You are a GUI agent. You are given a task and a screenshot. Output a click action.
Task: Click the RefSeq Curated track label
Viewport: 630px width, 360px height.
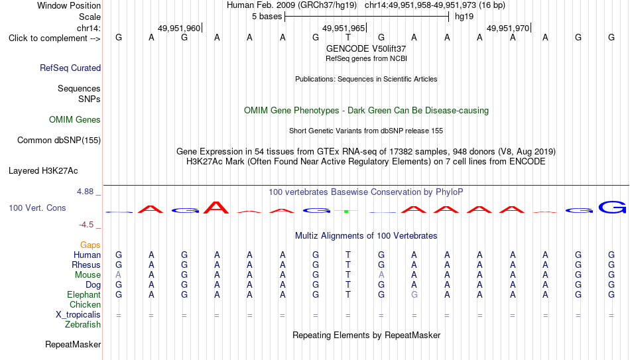coord(70,68)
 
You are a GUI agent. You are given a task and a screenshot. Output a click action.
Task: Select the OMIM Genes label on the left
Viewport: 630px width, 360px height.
coord(75,120)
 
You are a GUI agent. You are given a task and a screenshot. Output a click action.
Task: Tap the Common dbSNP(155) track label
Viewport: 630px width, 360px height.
coord(59,141)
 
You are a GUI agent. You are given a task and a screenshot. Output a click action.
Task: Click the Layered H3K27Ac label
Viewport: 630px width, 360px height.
coord(43,171)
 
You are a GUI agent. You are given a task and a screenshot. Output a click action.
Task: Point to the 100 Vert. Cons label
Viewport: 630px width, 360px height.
coord(37,208)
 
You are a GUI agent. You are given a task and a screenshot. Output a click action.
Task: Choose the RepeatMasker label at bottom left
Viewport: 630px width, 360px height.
coord(73,344)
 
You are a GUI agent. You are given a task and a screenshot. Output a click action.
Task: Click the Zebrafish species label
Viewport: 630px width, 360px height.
coord(83,324)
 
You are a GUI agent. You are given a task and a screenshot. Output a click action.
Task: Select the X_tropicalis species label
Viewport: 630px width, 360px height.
coord(78,315)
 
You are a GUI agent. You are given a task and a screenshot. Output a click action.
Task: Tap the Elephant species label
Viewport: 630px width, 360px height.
coord(84,294)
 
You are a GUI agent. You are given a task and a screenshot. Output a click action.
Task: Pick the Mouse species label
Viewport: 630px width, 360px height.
coord(88,275)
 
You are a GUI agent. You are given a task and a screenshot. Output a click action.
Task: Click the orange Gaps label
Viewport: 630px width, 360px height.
coord(90,245)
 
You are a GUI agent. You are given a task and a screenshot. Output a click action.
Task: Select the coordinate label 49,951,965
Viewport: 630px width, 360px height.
coord(344,28)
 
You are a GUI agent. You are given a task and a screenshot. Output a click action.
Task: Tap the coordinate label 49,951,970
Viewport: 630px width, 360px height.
coord(508,28)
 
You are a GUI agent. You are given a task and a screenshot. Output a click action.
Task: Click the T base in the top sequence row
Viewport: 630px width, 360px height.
coord(348,37)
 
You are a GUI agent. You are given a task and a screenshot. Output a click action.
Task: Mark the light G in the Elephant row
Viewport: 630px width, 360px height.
coord(414,294)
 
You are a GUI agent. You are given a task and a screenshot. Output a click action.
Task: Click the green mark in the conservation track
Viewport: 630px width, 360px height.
coord(346,211)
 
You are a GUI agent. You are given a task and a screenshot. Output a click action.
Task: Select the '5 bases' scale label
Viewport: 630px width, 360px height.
coord(267,17)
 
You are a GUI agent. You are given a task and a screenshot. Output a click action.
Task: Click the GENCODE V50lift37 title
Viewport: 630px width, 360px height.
coord(366,48)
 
